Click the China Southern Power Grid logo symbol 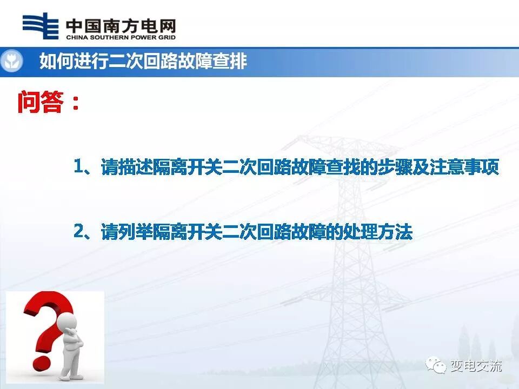pyautogui.click(x=40, y=26)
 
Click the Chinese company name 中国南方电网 pyautogui.click(x=120, y=25)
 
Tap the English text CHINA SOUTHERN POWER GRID pyautogui.click(x=120, y=38)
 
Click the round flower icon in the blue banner pyautogui.click(x=11, y=62)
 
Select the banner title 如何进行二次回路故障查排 pyautogui.click(x=143, y=62)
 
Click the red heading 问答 pyautogui.click(x=41, y=102)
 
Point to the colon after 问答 pyautogui.click(x=75, y=103)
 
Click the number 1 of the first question pyautogui.click(x=79, y=167)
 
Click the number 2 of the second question pyautogui.click(x=79, y=232)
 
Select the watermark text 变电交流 pyautogui.click(x=476, y=366)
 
